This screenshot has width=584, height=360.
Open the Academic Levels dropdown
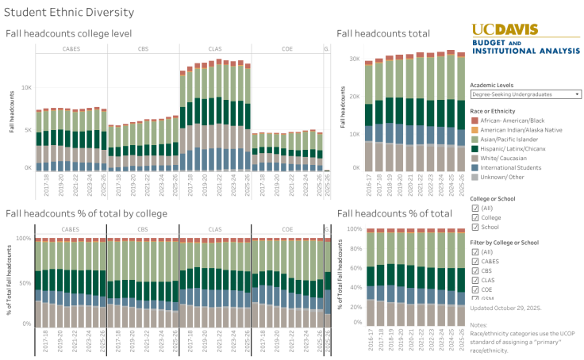coord(525,94)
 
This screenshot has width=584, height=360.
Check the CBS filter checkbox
coord(475,270)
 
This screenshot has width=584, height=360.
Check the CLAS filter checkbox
coord(475,279)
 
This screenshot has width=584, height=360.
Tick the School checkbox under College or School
coord(475,227)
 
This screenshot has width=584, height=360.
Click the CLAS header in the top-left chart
coord(215,49)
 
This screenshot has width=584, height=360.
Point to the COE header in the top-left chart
coord(287,49)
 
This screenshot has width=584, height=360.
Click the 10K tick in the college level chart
coord(26,86)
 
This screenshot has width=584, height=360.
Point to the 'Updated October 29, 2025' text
coord(505,307)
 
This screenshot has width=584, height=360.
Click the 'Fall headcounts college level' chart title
coord(67,33)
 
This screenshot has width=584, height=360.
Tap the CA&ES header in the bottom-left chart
coord(70,229)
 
